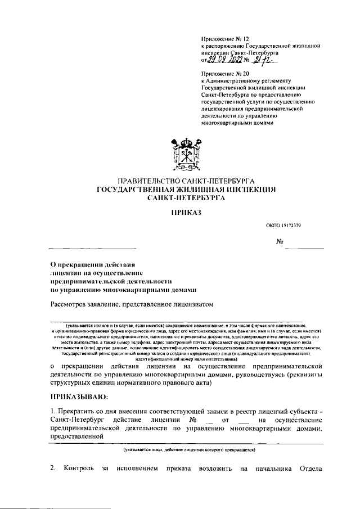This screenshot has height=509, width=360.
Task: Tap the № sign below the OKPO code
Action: point(279,242)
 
